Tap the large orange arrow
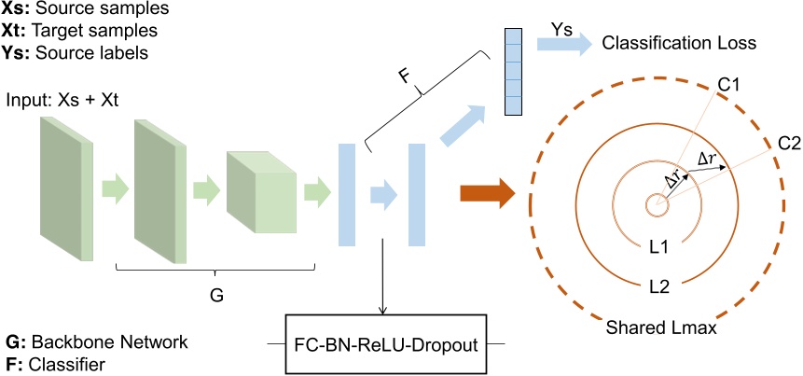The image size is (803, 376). pos(486,194)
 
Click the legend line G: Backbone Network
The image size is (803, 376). pos(96,341)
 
